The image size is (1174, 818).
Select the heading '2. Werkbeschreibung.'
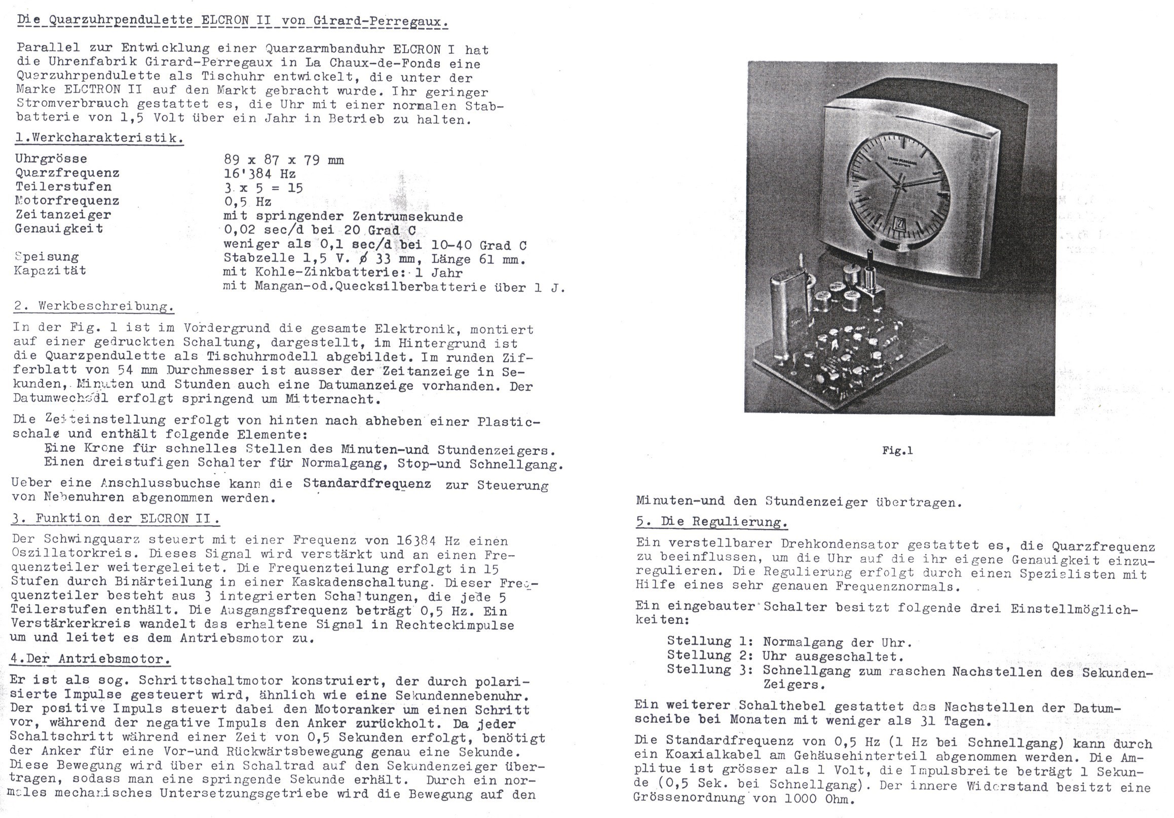point(94,307)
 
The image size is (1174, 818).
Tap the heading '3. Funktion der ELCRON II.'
point(116,519)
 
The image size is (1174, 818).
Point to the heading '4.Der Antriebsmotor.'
point(90,659)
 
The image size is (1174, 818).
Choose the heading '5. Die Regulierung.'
point(711,522)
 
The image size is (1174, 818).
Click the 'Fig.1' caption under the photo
point(897,450)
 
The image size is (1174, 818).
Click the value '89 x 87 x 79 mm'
point(284,160)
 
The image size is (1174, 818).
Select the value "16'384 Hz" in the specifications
point(259,174)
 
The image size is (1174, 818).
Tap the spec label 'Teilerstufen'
point(63,186)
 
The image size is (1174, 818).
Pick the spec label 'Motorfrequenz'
point(67,201)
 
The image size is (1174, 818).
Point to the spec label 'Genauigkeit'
point(59,228)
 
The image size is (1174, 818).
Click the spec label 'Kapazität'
point(50,270)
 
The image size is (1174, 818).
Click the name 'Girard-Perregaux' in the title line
point(389,21)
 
